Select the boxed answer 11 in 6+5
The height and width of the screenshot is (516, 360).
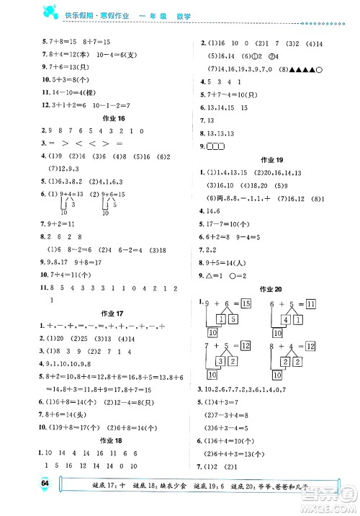point(312,305)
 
